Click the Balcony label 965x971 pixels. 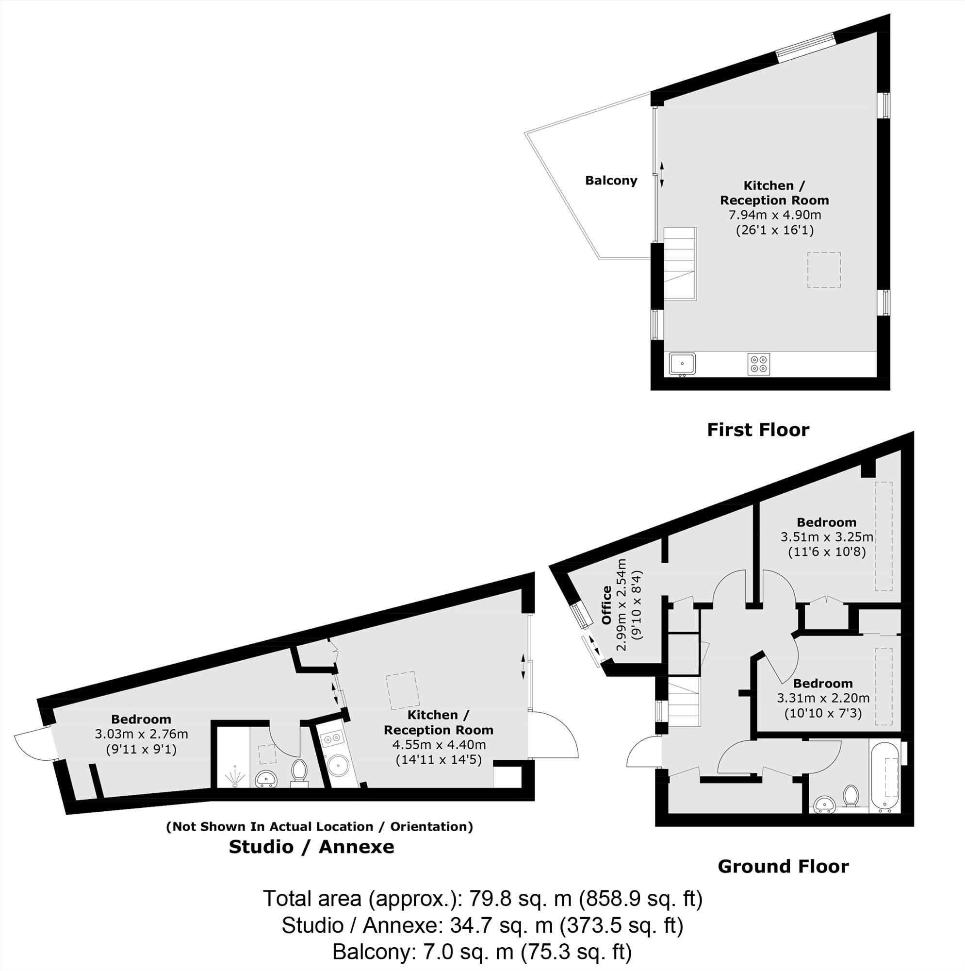(x=611, y=181)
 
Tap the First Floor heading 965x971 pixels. (x=757, y=430)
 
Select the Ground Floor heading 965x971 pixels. (x=783, y=866)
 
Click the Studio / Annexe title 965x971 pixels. (x=311, y=846)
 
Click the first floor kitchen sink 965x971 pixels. (x=682, y=364)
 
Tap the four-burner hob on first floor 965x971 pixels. (x=758, y=364)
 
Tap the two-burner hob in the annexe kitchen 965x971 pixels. (x=332, y=739)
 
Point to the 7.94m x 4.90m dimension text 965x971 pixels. (x=774, y=215)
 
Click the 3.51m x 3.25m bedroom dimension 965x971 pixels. (x=826, y=537)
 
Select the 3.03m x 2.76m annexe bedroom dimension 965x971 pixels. (x=141, y=734)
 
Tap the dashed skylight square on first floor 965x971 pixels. (x=824, y=270)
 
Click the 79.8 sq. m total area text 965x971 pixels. (x=482, y=898)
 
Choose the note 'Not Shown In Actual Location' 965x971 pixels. (x=320, y=827)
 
